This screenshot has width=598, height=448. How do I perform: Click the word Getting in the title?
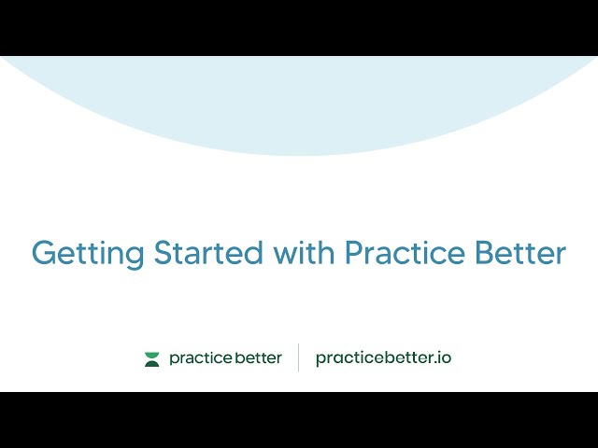pyautogui.click(x=88, y=254)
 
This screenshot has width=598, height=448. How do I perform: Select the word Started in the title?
pyautogui.click(x=209, y=253)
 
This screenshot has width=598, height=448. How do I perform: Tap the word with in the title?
pyautogui.click(x=305, y=253)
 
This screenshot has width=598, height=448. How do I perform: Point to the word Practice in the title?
pyautogui.click(x=406, y=253)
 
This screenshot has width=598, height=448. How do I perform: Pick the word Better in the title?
pyautogui.click(x=524, y=253)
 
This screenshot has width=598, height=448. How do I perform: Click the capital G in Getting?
pyautogui.click(x=44, y=253)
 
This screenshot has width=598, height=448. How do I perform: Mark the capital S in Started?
pyautogui.click(x=164, y=253)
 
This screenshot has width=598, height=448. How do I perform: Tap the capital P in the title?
pyautogui.click(x=354, y=253)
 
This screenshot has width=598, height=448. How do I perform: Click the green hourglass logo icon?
pyautogui.click(x=152, y=358)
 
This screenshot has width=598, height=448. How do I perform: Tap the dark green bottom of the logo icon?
pyautogui.click(x=152, y=363)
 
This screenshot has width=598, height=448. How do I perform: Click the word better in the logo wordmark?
pyautogui.click(x=254, y=358)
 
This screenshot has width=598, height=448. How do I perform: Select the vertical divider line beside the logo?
pyautogui.click(x=299, y=357)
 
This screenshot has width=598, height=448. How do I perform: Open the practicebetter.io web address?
pyautogui.click(x=383, y=358)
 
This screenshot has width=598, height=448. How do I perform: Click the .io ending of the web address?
pyautogui.click(x=443, y=357)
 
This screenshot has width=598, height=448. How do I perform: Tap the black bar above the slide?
pyautogui.click(x=299, y=27)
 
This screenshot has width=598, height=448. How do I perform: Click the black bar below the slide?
pyautogui.click(x=299, y=420)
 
